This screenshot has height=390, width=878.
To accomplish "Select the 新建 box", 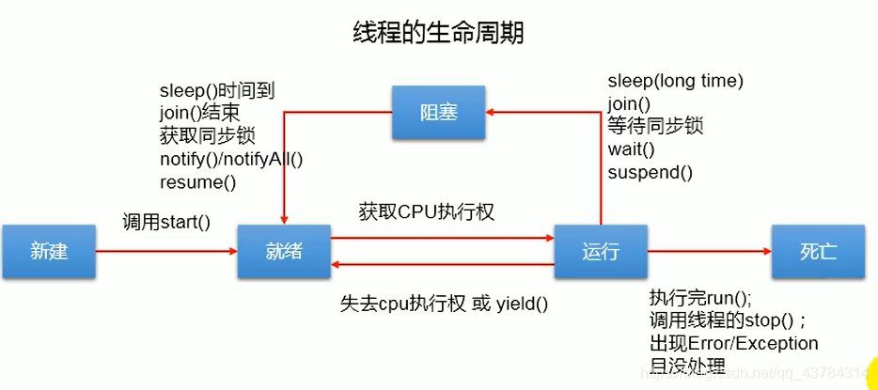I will [x=49, y=252].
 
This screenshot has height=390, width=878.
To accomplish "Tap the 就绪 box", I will [x=284, y=252].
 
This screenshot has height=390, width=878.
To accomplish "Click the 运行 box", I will [x=601, y=252].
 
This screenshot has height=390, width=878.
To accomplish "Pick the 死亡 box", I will [x=818, y=252].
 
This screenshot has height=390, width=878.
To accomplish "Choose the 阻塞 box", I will [x=438, y=113].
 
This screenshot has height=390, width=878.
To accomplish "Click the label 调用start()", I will [x=166, y=224].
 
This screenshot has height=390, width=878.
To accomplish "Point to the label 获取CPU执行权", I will [x=427, y=211].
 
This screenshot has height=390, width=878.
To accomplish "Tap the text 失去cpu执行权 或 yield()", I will [x=444, y=304].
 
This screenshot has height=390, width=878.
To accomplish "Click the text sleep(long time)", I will [x=675, y=82].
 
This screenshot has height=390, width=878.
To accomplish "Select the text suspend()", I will [x=650, y=172].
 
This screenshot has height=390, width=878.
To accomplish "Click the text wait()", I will [x=631, y=149].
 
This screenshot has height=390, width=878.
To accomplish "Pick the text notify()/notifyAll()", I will [x=231, y=159].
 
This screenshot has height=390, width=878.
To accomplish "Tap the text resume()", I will [x=197, y=181].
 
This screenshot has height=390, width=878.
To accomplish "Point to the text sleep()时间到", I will [x=217, y=91].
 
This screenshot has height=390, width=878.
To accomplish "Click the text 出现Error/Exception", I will [x=733, y=343].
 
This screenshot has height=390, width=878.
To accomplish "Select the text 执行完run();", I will [x=700, y=298].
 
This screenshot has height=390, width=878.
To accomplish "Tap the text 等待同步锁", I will [x=655, y=127].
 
